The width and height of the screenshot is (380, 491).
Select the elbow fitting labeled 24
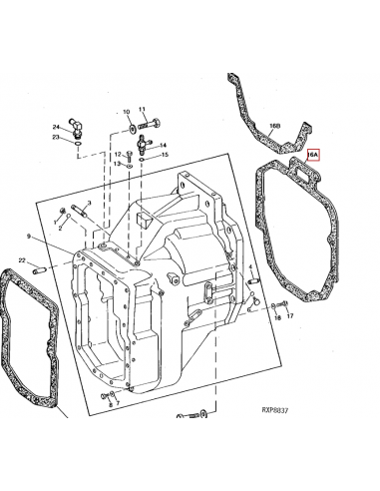(x=80, y=129)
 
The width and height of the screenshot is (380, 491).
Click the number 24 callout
(x=56, y=126)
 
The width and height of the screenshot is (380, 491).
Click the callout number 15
(x=165, y=155)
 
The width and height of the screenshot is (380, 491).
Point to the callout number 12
(x=117, y=155)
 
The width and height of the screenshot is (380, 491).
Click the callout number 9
(x=30, y=237)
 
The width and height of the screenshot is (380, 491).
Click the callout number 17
(x=290, y=316)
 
